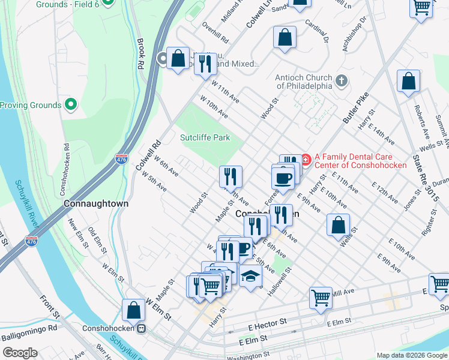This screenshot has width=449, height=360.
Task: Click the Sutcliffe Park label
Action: tap(205, 137)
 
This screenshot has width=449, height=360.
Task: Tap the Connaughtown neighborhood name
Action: tap(96, 204)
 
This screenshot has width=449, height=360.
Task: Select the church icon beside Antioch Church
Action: tap(341, 80)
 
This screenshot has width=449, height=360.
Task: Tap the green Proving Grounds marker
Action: tap(71, 105)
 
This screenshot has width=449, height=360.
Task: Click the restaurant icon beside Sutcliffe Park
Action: tap(231, 176)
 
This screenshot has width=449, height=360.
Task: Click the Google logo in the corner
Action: tap(20, 353)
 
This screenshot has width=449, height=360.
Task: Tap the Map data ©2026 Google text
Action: tap(411, 355)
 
